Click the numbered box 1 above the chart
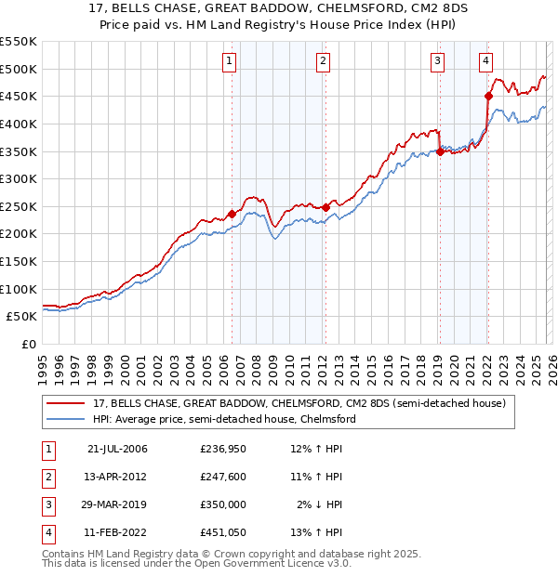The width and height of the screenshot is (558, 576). click(x=230, y=62)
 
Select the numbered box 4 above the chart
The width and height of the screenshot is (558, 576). click(x=486, y=62)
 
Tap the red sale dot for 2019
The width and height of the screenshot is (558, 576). click(x=440, y=152)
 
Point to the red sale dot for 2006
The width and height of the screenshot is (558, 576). click(x=232, y=214)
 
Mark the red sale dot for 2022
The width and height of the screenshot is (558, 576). click(x=487, y=96)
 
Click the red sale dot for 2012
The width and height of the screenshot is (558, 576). click(x=325, y=208)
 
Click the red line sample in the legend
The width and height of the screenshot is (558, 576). click(x=66, y=404)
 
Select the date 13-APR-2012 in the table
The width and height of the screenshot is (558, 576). click(x=116, y=477)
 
